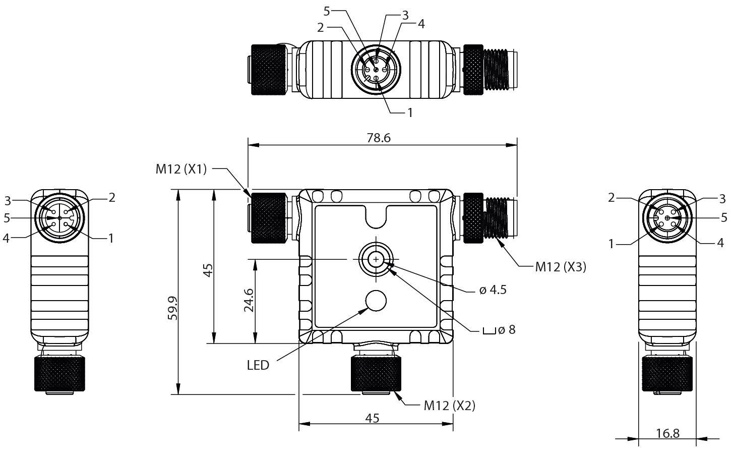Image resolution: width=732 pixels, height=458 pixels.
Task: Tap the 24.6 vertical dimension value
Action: [249, 301]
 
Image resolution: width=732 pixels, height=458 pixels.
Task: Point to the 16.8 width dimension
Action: [667, 433]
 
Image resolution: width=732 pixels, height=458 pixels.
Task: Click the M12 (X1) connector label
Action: [181, 169]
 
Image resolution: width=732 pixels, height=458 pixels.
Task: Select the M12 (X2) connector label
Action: [449, 405]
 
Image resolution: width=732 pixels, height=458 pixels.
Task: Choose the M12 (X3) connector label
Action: [561, 267]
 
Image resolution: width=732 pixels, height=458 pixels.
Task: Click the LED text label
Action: [258, 365]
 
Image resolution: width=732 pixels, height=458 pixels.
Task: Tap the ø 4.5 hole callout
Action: [493, 290]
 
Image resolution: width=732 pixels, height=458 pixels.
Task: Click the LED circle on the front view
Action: [376, 301]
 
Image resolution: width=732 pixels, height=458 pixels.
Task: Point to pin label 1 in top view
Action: [410, 112]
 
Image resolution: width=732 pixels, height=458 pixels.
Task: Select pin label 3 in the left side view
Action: [8, 201]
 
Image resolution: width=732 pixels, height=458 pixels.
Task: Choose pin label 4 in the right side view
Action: [720, 243]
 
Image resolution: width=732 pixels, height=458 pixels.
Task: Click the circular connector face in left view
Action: [59, 218]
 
